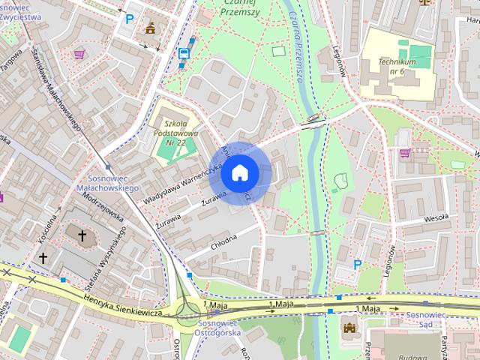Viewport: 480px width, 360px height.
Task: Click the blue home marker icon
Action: click(x=239, y=173)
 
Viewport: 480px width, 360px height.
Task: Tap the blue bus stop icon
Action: click(x=183, y=53)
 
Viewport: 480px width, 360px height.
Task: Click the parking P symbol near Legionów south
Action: click(x=358, y=264)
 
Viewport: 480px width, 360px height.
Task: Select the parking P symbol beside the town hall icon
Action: click(x=130, y=19)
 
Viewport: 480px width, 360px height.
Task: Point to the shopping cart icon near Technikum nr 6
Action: click(x=405, y=153)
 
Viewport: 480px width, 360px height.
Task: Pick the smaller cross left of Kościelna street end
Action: click(x=43, y=258)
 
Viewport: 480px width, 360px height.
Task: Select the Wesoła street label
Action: click(x=435, y=217)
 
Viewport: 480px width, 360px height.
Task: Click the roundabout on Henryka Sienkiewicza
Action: click(x=187, y=307)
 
